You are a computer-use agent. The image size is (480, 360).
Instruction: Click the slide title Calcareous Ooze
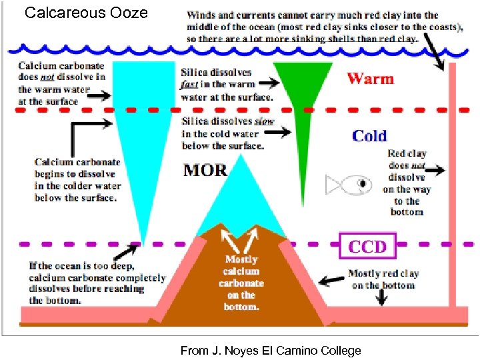click(x=86, y=13)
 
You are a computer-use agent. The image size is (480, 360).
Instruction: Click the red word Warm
click(x=370, y=79)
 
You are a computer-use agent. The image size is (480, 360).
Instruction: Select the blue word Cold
click(x=369, y=136)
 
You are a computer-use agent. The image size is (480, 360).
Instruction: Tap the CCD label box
click(x=367, y=246)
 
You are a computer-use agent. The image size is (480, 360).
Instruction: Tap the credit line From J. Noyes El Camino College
click(x=270, y=351)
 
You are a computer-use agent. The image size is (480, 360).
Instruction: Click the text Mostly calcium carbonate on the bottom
click(x=241, y=283)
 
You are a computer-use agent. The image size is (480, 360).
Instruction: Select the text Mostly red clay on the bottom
click(x=383, y=279)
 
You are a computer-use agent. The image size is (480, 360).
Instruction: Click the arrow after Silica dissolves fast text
click(x=267, y=85)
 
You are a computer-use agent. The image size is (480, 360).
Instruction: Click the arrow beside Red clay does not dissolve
click(x=435, y=171)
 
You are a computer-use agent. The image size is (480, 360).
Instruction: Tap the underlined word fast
click(x=191, y=85)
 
